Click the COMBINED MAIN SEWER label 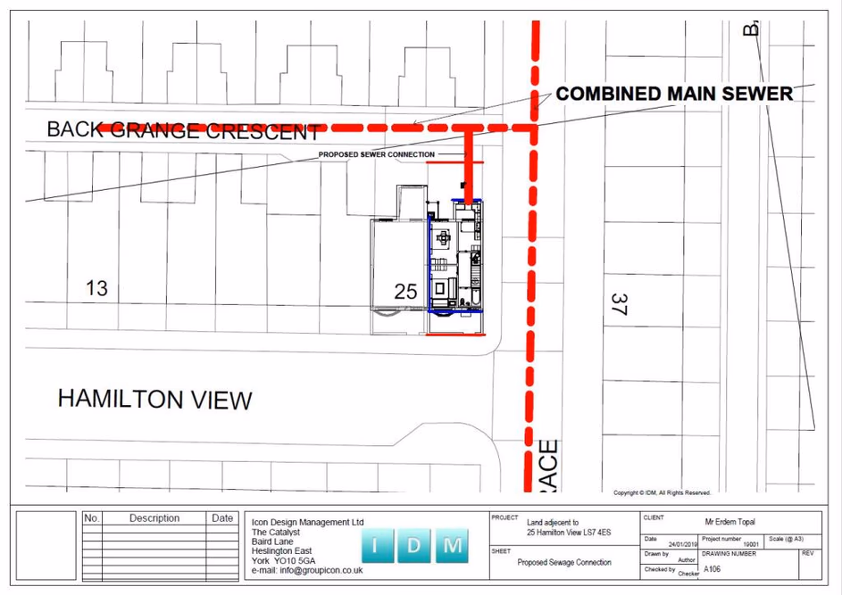tap(674, 94)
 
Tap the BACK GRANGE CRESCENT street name tap(183, 130)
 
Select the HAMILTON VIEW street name tap(154, 399)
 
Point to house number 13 tap(96, 288)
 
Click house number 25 tap(405, 292)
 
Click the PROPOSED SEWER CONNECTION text tap(377, 154)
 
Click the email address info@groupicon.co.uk tap(307, 570)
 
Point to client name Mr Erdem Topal tap(729, 522)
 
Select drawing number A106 tap(712, 568)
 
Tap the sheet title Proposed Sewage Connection tap(564, 562)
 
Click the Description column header tap(154, 518)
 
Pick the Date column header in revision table tap(222, 518)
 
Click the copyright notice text tap(662, 492)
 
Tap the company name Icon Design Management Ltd tap(308, 523)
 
